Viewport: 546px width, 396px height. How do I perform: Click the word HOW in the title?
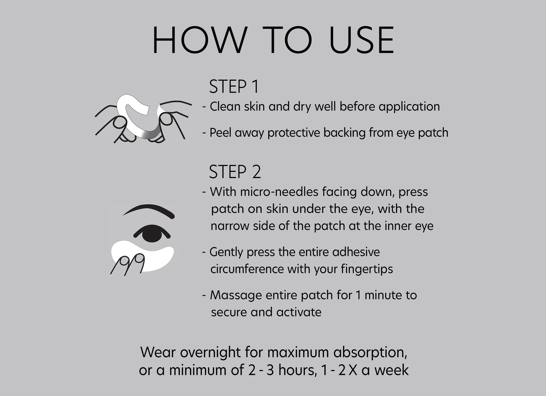[x=199, y=41]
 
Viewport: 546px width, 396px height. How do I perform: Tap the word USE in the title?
[x=362, y=41]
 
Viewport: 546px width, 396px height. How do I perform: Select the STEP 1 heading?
[x=234, y=86]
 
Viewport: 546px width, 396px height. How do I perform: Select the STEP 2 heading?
[x=235, y=172]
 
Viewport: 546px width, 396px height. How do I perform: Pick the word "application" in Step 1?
[x=409, y=107]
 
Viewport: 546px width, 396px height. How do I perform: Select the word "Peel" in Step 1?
[x=220, y=133]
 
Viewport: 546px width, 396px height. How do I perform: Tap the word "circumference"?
[x=247, y=269]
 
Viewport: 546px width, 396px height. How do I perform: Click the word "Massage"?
[x=236, y=295]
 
